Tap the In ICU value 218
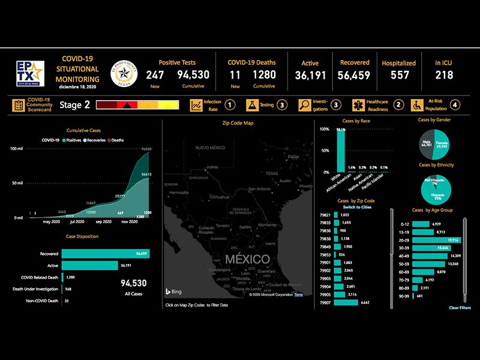(x=444, y=75)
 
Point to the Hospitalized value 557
(x=399, y=75)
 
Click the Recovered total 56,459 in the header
(x=354, y=75)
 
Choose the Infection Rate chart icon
(x=196, y=105)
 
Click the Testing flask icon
(x=252, y=105)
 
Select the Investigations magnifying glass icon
(x=304, y=105)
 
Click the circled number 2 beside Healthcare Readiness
(x=399, y=105)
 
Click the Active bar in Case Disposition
(x=89, y=265)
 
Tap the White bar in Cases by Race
(x=340, y=150)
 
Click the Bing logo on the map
(x=174, y=292)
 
